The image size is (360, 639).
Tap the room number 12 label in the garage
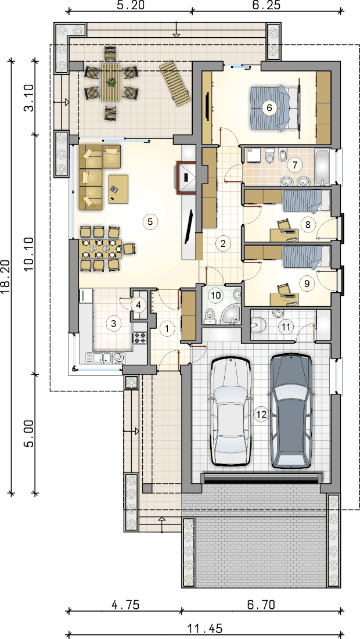(261, 414)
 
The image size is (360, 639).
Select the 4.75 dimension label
(125, 604)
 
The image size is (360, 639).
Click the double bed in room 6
(271, 108)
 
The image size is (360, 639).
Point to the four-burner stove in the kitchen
(140, 338)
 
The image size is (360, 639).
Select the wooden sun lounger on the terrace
(175, 84)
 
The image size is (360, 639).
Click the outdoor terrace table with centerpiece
(109, 82)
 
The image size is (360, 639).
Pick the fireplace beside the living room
(186, 177)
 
